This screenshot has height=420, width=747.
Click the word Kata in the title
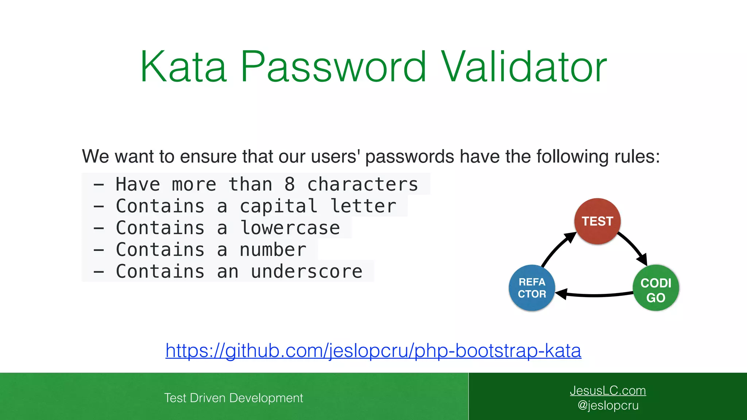click(183, 67)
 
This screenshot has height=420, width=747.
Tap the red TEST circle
click(597, 221)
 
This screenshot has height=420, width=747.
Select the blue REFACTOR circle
click(532, 288)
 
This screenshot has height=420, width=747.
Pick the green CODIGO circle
click(656, 288)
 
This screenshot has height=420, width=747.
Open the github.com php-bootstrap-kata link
click(373, 351)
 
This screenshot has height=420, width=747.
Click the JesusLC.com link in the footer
click(608, 390)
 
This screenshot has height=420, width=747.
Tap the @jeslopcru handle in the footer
click(608, 405)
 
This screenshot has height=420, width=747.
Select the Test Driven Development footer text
click(233, 398)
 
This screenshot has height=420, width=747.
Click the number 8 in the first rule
click(290, 184)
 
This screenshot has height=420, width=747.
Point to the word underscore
click(307, 272)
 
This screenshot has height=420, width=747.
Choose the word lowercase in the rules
click(290, 228)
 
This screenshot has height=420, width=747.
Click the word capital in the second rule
click(279, 206)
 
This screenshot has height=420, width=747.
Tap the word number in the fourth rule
click(273, 250)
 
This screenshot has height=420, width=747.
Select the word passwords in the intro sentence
click(410, 157)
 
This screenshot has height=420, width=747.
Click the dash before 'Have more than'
click(99, 185)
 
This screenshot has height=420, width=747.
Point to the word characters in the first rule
click(363, 184)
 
